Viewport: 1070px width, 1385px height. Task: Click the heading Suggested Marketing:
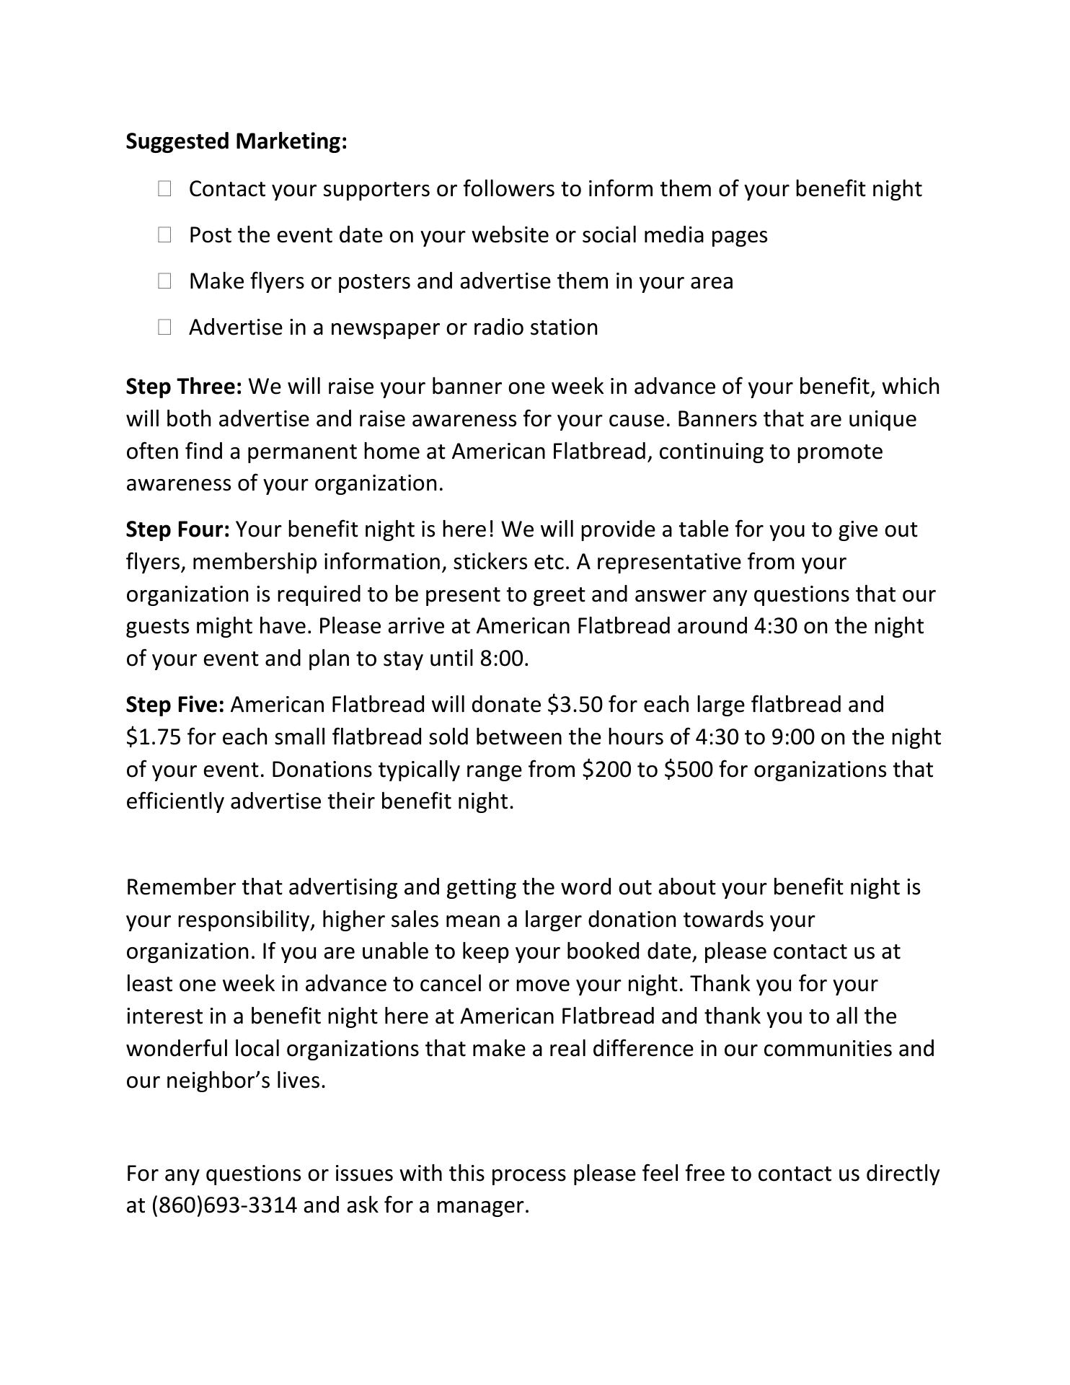pos(236,141)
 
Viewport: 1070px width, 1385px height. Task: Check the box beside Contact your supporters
pos(164,189)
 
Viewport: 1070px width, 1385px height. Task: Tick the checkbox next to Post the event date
pos(164,235)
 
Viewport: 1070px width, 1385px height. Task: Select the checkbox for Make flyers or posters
pos(164,281)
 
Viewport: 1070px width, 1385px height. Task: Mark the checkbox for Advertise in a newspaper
pos(164,327)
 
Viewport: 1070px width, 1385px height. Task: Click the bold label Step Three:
pos(184,387)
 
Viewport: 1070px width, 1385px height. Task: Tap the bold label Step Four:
pos(177,529)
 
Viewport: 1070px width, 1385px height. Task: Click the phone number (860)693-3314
pos(224,1205)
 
